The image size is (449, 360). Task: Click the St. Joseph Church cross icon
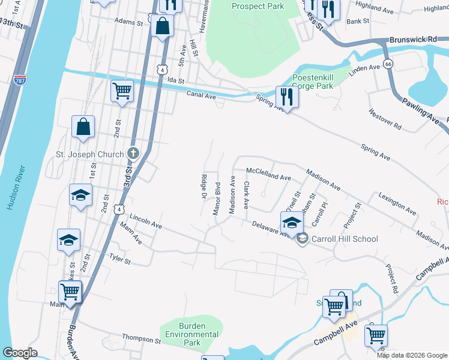pos(133,154)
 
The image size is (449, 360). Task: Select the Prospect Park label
pos(258,6)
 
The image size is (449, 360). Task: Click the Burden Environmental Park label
pos(192,338)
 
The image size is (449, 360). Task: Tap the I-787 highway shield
pos(20,79)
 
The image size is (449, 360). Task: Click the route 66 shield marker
pos(388,64)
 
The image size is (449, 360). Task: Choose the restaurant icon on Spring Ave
pos(287,97)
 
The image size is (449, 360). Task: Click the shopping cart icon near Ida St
pos(122,91)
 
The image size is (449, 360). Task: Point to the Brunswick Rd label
pos(413,38)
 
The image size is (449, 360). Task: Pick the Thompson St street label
pos(142,339)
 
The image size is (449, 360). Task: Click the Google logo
pos(20,353)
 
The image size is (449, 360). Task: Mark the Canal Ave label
pos(201,95)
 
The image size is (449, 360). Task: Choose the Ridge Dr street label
pos(203,187)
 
